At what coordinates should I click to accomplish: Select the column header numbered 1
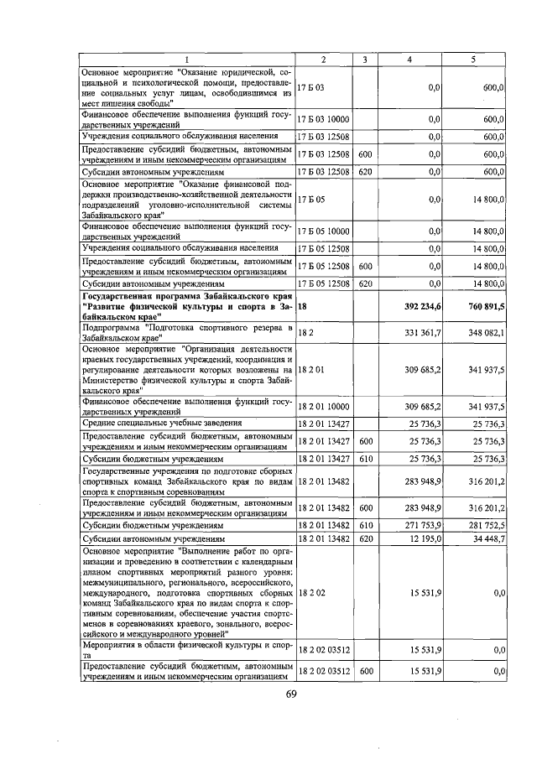(x=186, y=60)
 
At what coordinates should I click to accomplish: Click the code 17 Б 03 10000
(x=324, y=119)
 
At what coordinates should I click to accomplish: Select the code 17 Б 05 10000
(x=324, y=230)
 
